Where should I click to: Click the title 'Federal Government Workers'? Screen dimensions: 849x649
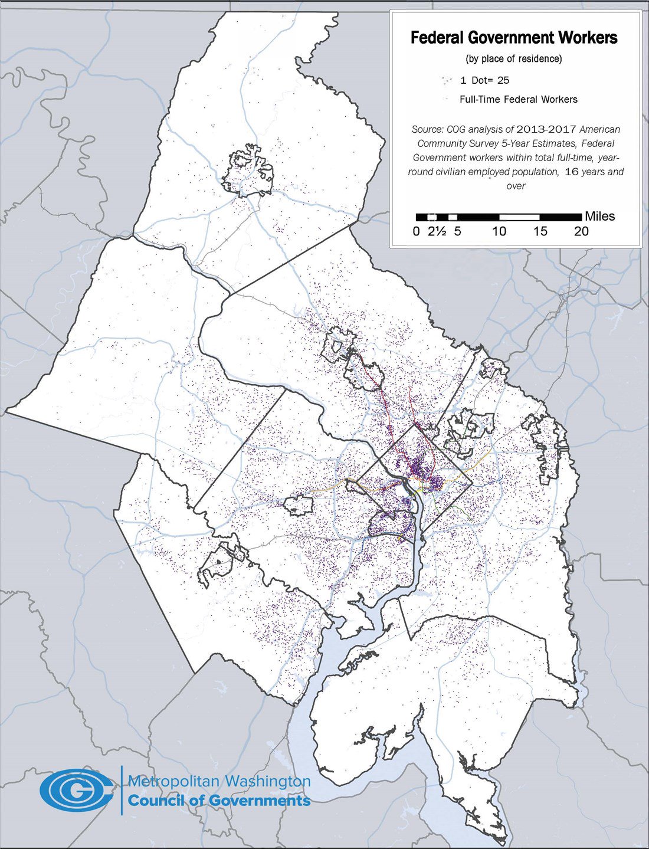(x=514, y=38)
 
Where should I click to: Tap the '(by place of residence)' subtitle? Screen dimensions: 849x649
(x=514, y=59)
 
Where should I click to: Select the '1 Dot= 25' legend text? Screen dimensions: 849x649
(x=484, y=80)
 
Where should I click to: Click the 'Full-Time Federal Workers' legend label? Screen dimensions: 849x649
(x=519, y=99)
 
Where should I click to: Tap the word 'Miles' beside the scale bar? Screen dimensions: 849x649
(x=599, y=217)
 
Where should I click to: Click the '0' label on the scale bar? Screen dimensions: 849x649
(x=417, y=231)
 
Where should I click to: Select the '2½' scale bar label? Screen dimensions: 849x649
(x=437, y=231)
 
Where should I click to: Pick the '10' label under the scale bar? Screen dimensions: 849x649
(x=499, y=231)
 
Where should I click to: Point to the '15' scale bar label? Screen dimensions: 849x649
(x=540, y=231)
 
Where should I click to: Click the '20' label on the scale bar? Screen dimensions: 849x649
(x=581, y=231)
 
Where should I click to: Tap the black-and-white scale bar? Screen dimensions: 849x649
(x=499, y=217)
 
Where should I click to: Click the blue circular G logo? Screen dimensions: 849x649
(x=77, y=789)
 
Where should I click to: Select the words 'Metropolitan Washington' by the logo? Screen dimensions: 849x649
(x=219, y=781)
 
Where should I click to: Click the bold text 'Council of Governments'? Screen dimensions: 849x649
(x=219, y=800)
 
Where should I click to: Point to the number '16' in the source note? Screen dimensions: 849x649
(x=572, y=172)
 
